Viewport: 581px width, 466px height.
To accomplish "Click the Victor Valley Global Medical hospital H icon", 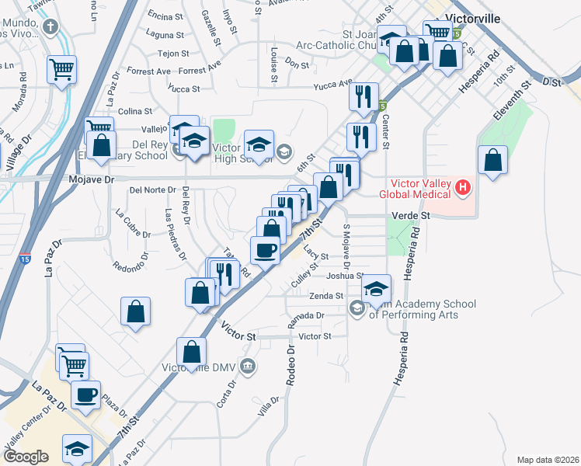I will [x=464, y=187].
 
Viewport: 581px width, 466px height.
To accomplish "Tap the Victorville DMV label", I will [x=199, y=367].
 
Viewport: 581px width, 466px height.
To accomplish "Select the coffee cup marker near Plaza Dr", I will [x=85, y=394].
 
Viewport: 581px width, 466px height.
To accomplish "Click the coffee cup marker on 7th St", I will [x=265, y=250].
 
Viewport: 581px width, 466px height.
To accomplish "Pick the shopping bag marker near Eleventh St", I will [x=493, y=161].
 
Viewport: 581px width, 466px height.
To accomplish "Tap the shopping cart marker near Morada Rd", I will [x=61, y=69].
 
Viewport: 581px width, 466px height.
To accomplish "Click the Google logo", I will [x=26, y=457].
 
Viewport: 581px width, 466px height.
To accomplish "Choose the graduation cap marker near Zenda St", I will [x=376, y=290].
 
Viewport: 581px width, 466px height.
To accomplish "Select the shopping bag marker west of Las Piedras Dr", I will [x=136, y=311].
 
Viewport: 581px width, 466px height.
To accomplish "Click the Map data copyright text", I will [x=547, y=459].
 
